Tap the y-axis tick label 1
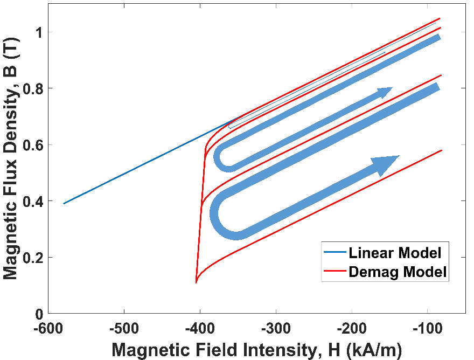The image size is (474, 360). tap(37, 32)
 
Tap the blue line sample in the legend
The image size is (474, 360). tap(334, 252)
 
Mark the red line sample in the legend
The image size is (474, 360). tap(334, 272)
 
